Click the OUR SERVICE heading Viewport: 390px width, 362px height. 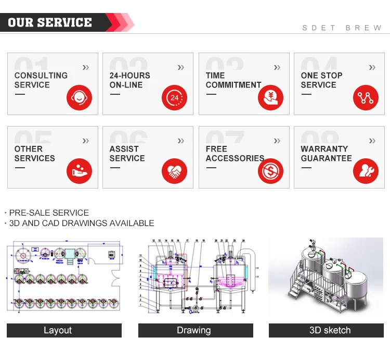(50, 22)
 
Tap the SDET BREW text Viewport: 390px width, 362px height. (342, 28)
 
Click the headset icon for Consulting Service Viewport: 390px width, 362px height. (79, 97)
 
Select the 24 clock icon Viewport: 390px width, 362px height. (175, 97)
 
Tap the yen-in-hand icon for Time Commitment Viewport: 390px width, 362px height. (270, 97)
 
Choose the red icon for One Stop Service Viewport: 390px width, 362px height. (366, 97)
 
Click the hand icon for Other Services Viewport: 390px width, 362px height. (79, 170)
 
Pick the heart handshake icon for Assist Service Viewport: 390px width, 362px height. (175, 170)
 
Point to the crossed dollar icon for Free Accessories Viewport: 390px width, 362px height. (270, 170)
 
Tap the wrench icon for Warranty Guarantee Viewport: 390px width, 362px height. (366, 170)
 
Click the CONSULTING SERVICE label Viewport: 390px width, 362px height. (41, 80)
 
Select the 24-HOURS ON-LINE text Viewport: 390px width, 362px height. (129, 80)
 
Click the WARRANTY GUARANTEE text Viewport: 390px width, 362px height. (326, 154)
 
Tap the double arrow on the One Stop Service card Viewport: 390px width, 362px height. (372, 67)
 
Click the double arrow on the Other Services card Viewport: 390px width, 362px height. (86, 141)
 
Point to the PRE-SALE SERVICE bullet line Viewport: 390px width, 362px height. (48, 213)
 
